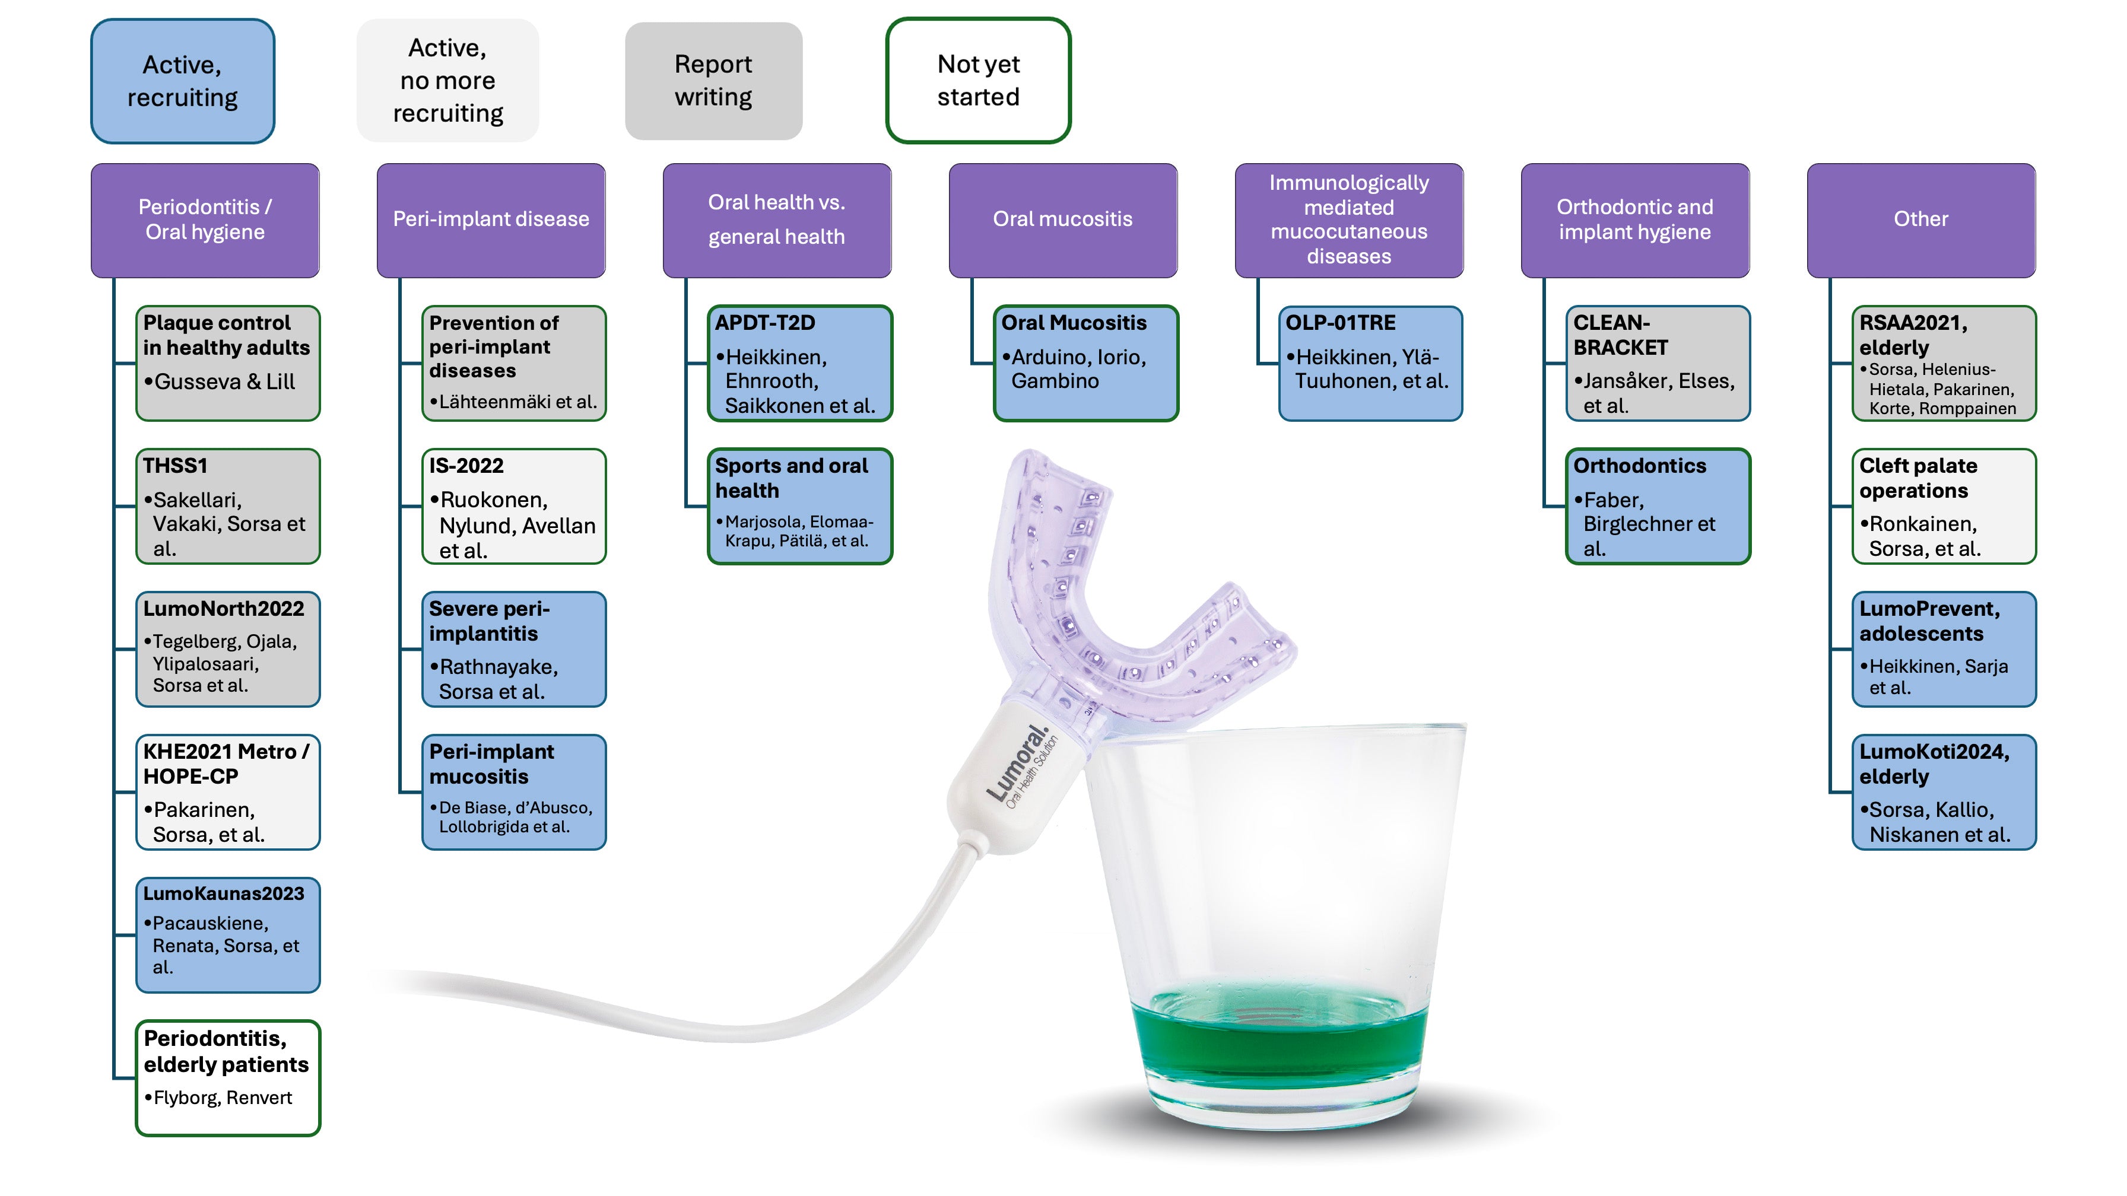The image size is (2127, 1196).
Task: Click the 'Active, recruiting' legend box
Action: coord(182,81)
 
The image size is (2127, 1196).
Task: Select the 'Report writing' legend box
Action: coord(713,81)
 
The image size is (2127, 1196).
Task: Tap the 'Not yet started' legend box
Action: coord(979,81)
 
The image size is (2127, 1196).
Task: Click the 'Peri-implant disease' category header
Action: coord(491,220)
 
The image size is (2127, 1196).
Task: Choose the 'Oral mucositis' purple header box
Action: coord(1063,220)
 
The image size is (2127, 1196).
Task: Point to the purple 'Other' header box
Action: coord(1920,220)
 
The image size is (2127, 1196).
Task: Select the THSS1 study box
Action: coord(228,506)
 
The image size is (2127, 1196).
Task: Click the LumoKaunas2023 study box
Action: coord(228,934)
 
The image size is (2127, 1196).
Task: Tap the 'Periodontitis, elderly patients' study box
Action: coord(228,1077)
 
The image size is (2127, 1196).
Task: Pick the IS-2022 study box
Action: coord(513,506)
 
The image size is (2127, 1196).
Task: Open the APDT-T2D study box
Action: coord(800,363)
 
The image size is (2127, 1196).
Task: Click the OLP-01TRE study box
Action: coord(1371,363)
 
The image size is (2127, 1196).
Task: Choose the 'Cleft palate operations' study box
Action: coord(1944,506)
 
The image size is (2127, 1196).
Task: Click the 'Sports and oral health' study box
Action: coord(800,506)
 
